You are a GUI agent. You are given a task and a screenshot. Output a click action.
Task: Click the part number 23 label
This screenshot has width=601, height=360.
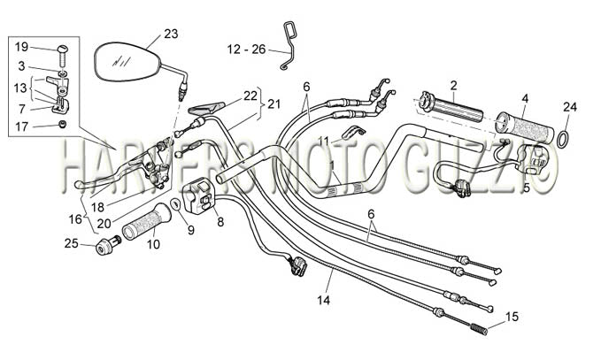pyautogui.click(x=171, y=34)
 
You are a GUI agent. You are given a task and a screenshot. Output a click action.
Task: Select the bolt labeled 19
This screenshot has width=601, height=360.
pyautogui.click(x=63, y=55)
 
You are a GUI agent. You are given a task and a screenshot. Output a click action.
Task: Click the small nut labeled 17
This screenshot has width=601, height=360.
pyautogui.click(x=63, y=124)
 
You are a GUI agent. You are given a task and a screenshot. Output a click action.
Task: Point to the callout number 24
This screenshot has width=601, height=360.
pyautogui.click(x=569, y=107)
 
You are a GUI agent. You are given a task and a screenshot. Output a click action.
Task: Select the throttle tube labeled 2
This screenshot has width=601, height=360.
pyautogui.click(x=451, y=109)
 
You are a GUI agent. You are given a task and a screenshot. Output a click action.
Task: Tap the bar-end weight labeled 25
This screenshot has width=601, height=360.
pyautogui.click(x=108, y=245)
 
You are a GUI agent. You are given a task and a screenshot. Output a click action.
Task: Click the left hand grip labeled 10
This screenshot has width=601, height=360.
pyautogui.click(x=146, y=222)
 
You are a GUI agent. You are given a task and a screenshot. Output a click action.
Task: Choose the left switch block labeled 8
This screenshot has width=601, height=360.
pyautogui.click(x=199, y=195)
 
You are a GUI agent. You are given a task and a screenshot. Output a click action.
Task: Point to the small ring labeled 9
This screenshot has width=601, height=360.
pyautogui.click(x=175, y=204)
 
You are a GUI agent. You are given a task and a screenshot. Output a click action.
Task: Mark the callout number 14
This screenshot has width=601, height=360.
pyautogui.click(x=323, y=300)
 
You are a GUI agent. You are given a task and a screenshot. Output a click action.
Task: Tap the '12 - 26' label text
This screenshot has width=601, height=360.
pyautogui.click(x=246, y=50)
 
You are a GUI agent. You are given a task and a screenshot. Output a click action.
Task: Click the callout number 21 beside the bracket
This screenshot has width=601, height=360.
pyautogui.click(x=274, y=103)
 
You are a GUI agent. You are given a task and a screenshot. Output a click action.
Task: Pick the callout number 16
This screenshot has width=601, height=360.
pyautogui.click(x=75, y=219)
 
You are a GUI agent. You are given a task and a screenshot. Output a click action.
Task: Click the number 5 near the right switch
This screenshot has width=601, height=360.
pyautogui.click(x=527, y=188)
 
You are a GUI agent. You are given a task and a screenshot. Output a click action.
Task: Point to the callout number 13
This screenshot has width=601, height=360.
pyautogui.click(x=20, y=88)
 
